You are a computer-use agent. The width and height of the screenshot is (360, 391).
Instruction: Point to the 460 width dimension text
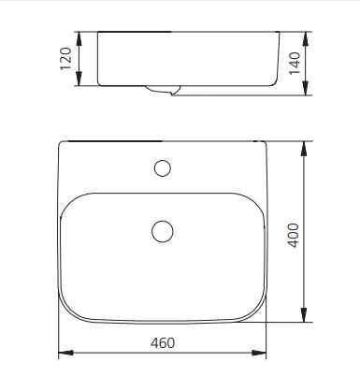coord(163,342)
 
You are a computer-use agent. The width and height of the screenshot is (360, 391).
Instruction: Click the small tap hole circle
coord(163,168)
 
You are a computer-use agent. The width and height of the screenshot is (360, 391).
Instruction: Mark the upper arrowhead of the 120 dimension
coord(79,36)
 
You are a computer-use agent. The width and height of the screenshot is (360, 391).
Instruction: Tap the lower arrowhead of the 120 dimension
coord(79,82)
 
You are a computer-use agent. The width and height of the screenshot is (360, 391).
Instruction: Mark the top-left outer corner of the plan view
coord(61,143)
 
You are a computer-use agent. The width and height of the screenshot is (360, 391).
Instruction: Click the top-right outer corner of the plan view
coord(265,143)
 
